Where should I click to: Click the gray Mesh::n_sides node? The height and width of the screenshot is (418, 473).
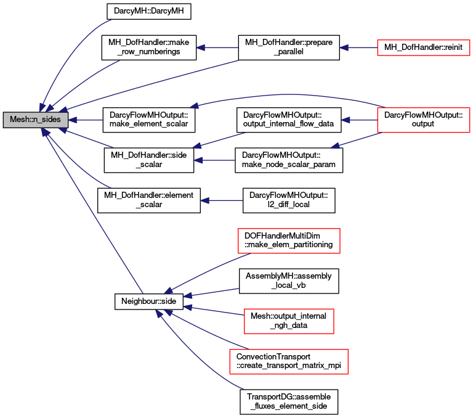(x=35, y=120)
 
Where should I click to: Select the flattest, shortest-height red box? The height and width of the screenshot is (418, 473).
(x=423, y=47)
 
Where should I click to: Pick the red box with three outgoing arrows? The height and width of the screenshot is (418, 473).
(x=423, y=120)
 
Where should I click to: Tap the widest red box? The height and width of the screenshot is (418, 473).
(x=288, y=361)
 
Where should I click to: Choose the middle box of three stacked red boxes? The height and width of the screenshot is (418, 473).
(x=289, y=321)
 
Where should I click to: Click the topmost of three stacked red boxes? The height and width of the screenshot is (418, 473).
(x=289, y=240)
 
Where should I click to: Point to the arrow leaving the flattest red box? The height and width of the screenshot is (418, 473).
(x=358, y=47)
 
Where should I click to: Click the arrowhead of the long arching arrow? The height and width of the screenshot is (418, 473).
(x=194, y=107)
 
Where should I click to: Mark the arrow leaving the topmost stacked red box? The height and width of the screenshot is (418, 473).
(x=206, y=273)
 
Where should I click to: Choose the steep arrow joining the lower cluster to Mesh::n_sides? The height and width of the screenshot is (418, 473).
(x=92, y=210)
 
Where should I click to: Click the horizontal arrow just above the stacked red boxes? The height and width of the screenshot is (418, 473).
(x=222, y=200)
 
